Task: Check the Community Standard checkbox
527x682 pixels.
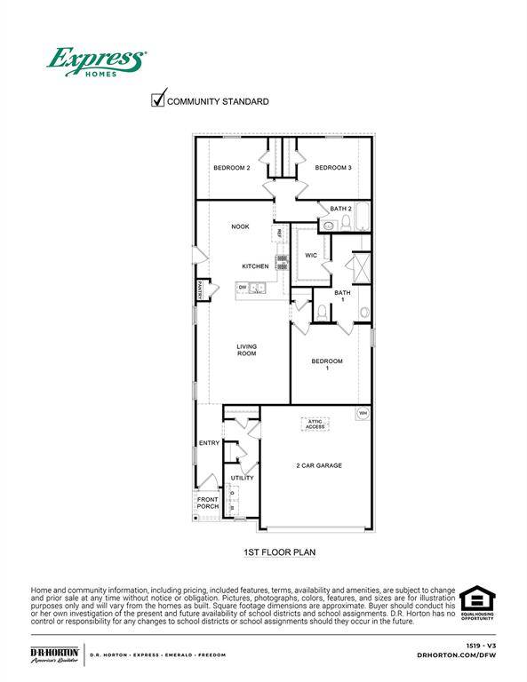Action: pyautogui.click(x=158, y=99)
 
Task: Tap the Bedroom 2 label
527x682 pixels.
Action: pyautogui.click(x=231, y=168)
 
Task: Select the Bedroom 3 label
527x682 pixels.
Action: pyautogui.click(x=333, y=168)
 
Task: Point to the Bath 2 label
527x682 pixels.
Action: pyautogui.click(x=341, y=209)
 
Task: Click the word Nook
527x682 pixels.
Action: pyautogui.click(x=240, y=226)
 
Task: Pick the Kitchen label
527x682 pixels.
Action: pyautogui.click(x=256, y=266)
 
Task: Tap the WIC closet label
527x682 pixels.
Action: pyautogui.click(x=311, y=255)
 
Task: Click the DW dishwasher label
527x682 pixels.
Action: pyautogui.click(x=242, y=287)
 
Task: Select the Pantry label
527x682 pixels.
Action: pyautogui.click(x=202, y=290)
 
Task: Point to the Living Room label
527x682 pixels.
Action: pyautogui.click(x=246, y=350)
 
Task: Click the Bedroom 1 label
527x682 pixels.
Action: pyautogui.click(x=326, y=365)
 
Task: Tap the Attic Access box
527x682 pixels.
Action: pyautogui.click(x=315, y=424)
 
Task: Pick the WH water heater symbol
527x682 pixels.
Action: pyautogui.click(x=362, y=414)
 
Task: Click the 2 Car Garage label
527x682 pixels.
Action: pyautogui.click(x=319, y=465)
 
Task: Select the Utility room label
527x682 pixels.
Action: pyautogui.click(x=242, y=478)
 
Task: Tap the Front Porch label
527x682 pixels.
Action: pyautogui.click(x=207, y=503)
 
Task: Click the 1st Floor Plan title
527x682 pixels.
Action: pyautogui.click(x=280, y=552)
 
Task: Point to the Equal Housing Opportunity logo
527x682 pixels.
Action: pyautogui.click(x=476, y=603)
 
